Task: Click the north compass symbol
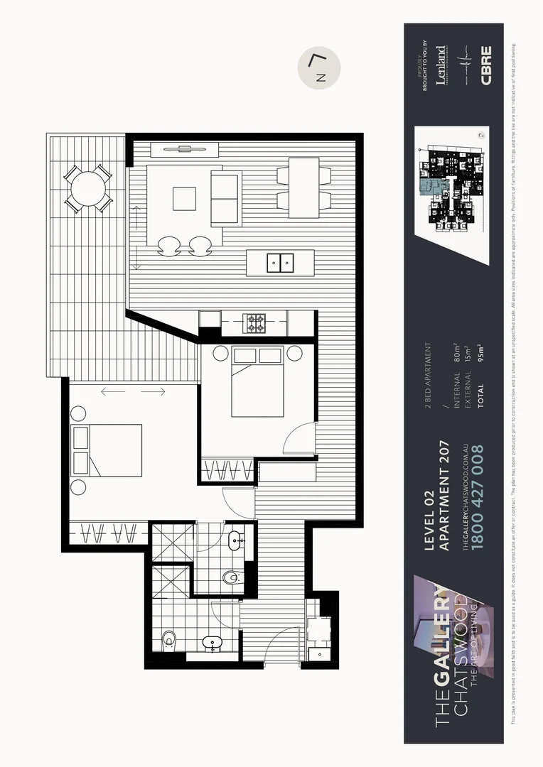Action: [319, 68]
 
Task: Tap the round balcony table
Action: [88, 188]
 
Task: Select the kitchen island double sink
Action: [281, 263]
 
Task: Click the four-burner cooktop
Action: [256, 324]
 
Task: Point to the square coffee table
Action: [184, 198]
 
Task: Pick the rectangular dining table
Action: [303, 187]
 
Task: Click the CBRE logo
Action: [486, 65]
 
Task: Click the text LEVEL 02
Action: [429, 524]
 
